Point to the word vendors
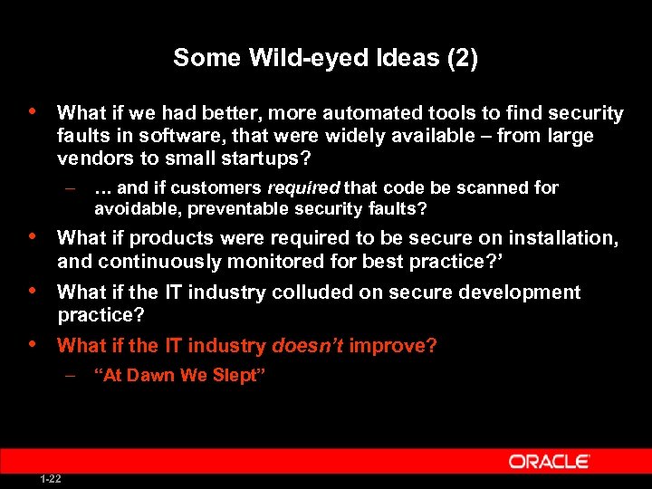pos(89,158)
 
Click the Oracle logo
pos(549,462)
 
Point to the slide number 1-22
pos(51,479)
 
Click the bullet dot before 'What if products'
pos(34,236)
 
